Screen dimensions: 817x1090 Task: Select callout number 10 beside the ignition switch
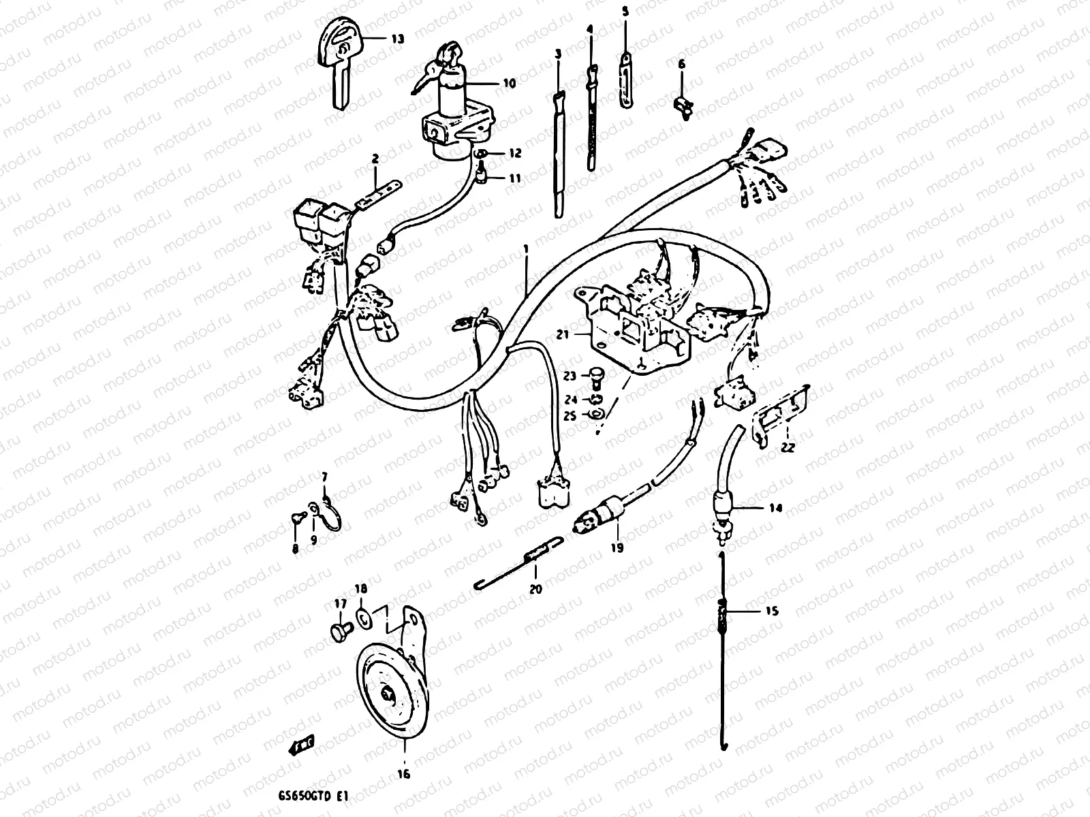point(510,83)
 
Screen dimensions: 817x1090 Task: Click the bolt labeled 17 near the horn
point(339,630)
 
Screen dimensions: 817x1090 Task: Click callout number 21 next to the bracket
point(562,335)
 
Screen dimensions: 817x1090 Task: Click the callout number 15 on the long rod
point(772,611)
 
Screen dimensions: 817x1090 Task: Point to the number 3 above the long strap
point(558,54)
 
